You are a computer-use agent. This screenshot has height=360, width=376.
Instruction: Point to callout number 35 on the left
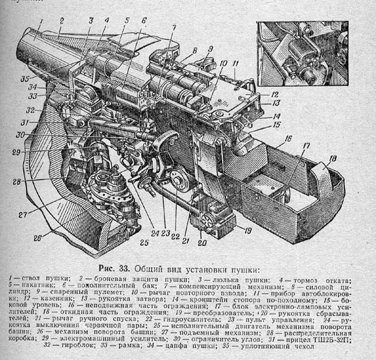point(25,78)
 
